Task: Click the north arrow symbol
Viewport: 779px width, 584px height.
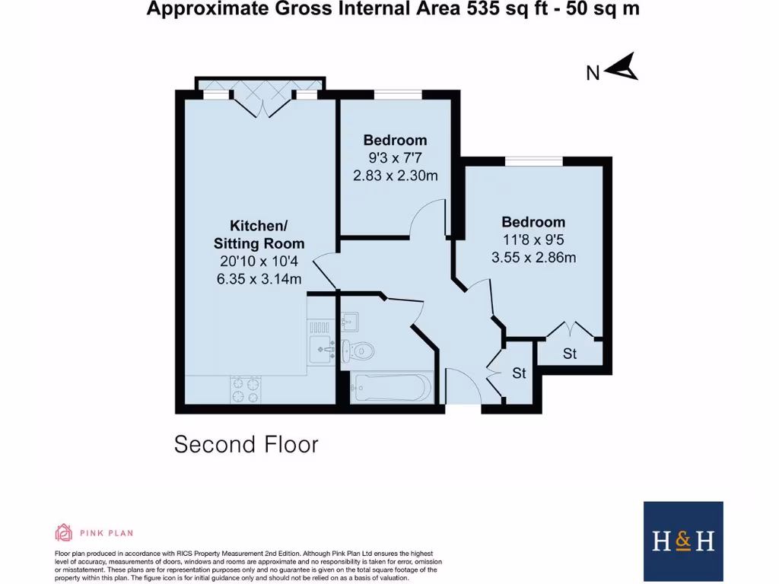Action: (x=623, y=68)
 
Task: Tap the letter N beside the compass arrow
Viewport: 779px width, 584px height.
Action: (x=593, y=73)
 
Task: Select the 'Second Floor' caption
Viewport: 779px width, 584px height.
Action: (x=246, y=444)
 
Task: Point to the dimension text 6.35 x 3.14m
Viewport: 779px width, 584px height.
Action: (x=259, y=279)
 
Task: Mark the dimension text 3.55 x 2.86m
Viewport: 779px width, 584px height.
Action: (x=533, y=257)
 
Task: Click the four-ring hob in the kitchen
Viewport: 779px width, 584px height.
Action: (x=246, y=390)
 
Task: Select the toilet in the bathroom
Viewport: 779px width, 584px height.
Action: (x=358, y=351)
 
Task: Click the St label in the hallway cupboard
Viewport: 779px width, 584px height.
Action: (x=519, y=373)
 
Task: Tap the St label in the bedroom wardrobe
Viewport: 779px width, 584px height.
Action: (x=570, y=354)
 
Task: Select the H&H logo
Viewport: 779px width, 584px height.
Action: (x=683, y=541)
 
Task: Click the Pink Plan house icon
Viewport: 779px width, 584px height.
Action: (x=63, y=532)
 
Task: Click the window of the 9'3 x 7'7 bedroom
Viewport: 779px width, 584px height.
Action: (x=399, y=95)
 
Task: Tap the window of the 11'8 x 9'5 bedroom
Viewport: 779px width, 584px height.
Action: (x=533, y=161)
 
